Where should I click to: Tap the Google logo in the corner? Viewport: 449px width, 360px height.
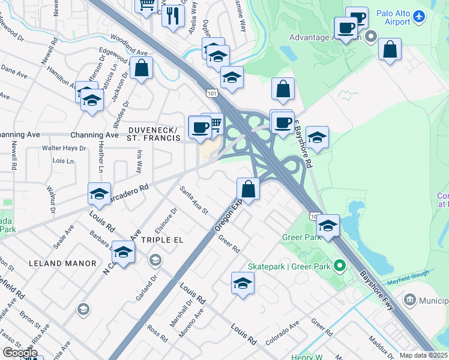pos(20,353)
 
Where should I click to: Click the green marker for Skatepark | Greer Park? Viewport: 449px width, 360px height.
pos(340,265)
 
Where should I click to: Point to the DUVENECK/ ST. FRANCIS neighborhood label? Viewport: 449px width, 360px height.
pos(153,134)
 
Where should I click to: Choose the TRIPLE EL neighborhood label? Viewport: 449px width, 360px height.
pos(161,239)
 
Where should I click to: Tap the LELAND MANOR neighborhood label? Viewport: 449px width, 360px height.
pos(62,263)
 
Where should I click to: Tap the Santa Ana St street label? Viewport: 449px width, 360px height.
pos(194,200)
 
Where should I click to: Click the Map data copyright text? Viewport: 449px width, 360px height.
pos(424,355)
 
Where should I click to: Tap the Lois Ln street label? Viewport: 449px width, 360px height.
pos(63,161)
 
